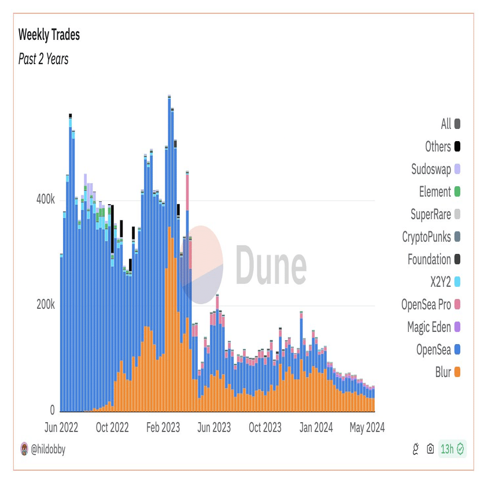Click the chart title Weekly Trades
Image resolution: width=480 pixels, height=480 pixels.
(49, 35)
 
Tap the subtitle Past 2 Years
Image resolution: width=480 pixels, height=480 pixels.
(43, 59)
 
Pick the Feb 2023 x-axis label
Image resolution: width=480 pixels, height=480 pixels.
(163, 427)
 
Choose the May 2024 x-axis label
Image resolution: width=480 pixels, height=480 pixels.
(367, 427)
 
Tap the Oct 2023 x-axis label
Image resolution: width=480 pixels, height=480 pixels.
(265, 427)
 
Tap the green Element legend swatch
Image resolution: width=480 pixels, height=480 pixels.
(457, 191)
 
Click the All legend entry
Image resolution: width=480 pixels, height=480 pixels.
(446, 124)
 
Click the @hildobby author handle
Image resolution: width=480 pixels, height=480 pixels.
(47, 449)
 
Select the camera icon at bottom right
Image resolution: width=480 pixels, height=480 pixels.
(430, 449)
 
